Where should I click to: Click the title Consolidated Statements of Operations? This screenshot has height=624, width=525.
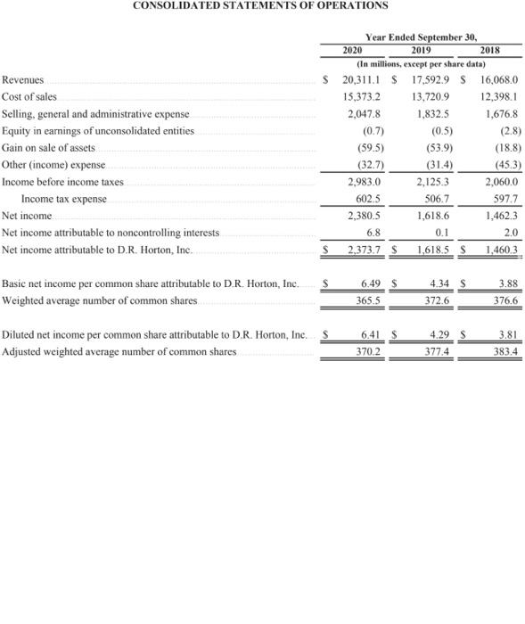pyautogui.click(x=260, y=5)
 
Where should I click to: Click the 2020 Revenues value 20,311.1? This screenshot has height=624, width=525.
pyautogui.click(x=361, y=80)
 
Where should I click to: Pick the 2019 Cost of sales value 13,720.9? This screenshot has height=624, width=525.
pyautogui.click(x=431, y=96)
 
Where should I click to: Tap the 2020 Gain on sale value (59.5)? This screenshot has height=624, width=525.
pyautogui.click(x=366, y=148)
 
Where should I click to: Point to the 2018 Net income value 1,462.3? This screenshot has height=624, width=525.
pyautogui.click(x=499, y=216)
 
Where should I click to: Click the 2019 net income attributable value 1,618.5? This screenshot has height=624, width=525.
pyautogui.click(x=432, y=250)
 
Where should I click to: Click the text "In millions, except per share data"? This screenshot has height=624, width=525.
pyautogui.click(x=421, y=64)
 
